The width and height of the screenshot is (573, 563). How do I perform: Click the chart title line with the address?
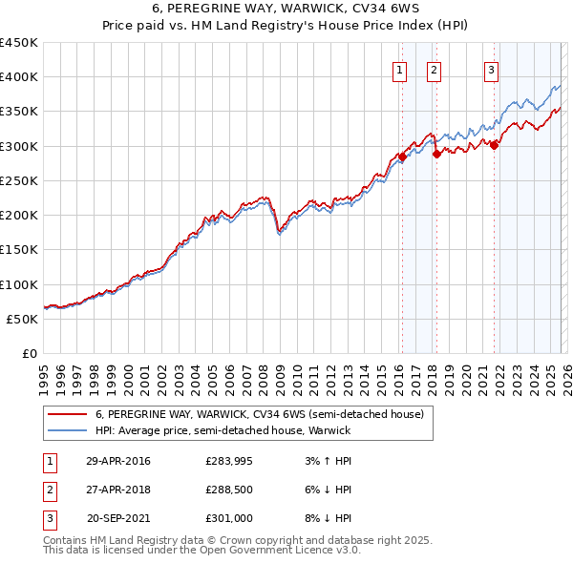286,10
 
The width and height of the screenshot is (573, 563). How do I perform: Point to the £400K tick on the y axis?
19,77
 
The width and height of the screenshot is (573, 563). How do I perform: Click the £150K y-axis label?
19,250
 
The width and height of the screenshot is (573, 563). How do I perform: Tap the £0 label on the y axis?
31,354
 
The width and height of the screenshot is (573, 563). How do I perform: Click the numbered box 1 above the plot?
398,69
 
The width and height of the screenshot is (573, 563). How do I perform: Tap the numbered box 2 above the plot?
434,69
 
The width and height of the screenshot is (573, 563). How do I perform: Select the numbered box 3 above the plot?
491,69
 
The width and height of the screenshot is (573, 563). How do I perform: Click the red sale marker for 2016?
402,157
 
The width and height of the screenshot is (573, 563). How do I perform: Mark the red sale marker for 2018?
436,154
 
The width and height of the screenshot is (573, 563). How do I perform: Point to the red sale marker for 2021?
495,145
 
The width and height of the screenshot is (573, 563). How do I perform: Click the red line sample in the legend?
68,414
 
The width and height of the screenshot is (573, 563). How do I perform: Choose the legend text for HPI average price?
223,430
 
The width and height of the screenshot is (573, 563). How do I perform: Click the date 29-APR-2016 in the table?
117,462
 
